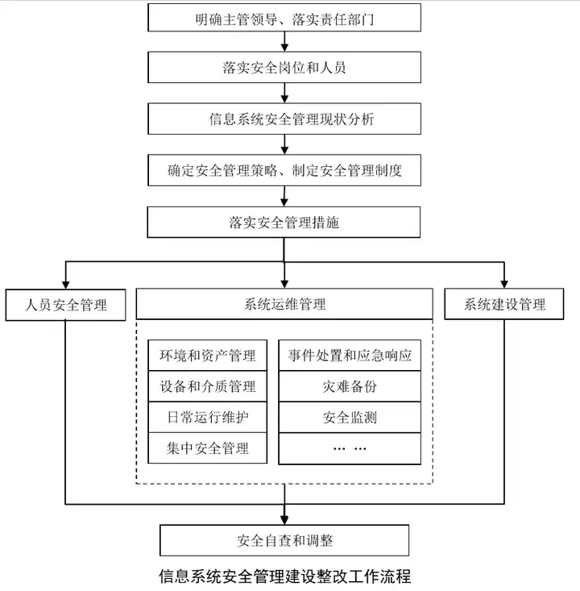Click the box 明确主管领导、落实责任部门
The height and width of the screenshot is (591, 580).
point(284,18)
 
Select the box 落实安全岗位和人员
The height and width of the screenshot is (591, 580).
point(284,68)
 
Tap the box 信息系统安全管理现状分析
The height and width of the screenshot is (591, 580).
point(284,119)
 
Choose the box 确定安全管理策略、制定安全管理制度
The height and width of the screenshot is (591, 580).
point(284,170)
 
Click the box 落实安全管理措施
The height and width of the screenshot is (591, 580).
point(284,223)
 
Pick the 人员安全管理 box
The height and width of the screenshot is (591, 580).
point(65,305)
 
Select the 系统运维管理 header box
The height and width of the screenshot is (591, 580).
point(284,304)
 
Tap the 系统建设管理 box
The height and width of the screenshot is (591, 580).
point(504,304)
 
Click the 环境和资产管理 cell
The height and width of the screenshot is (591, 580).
point(208,356)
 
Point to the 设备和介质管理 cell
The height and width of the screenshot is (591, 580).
point(208,386)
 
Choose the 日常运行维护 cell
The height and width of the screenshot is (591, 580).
point(208,417)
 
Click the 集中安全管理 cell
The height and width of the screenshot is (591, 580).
point(208,448)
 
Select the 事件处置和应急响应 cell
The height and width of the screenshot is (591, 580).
point(350,356)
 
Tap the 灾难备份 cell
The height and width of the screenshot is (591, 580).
point(350,386)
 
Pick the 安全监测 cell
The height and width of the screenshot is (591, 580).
point(350,417)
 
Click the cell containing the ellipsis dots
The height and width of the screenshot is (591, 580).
point(350,448)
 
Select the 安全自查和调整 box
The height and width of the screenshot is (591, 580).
point(284,540)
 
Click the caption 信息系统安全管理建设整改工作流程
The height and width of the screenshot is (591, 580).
point(284,576)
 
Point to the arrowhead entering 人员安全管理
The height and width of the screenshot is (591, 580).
point(65,285)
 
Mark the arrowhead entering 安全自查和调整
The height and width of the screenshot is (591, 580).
point(284,520)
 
